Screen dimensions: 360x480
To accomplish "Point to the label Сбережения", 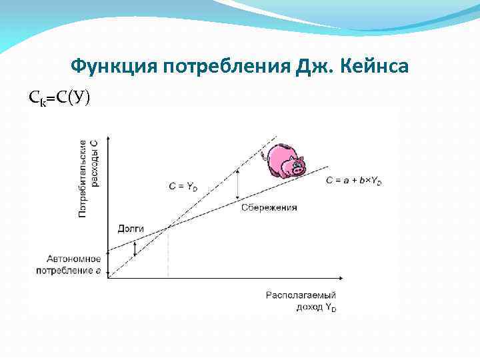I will (268, 207).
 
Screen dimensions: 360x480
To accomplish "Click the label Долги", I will (131, 228).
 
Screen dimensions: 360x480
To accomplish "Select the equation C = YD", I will (183, 187).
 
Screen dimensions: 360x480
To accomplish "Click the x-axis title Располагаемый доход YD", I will (301, 300).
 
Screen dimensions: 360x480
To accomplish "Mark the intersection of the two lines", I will (167, 228).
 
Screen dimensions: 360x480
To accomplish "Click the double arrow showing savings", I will (239, 184).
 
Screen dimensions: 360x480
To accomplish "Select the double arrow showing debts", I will (135, 248).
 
